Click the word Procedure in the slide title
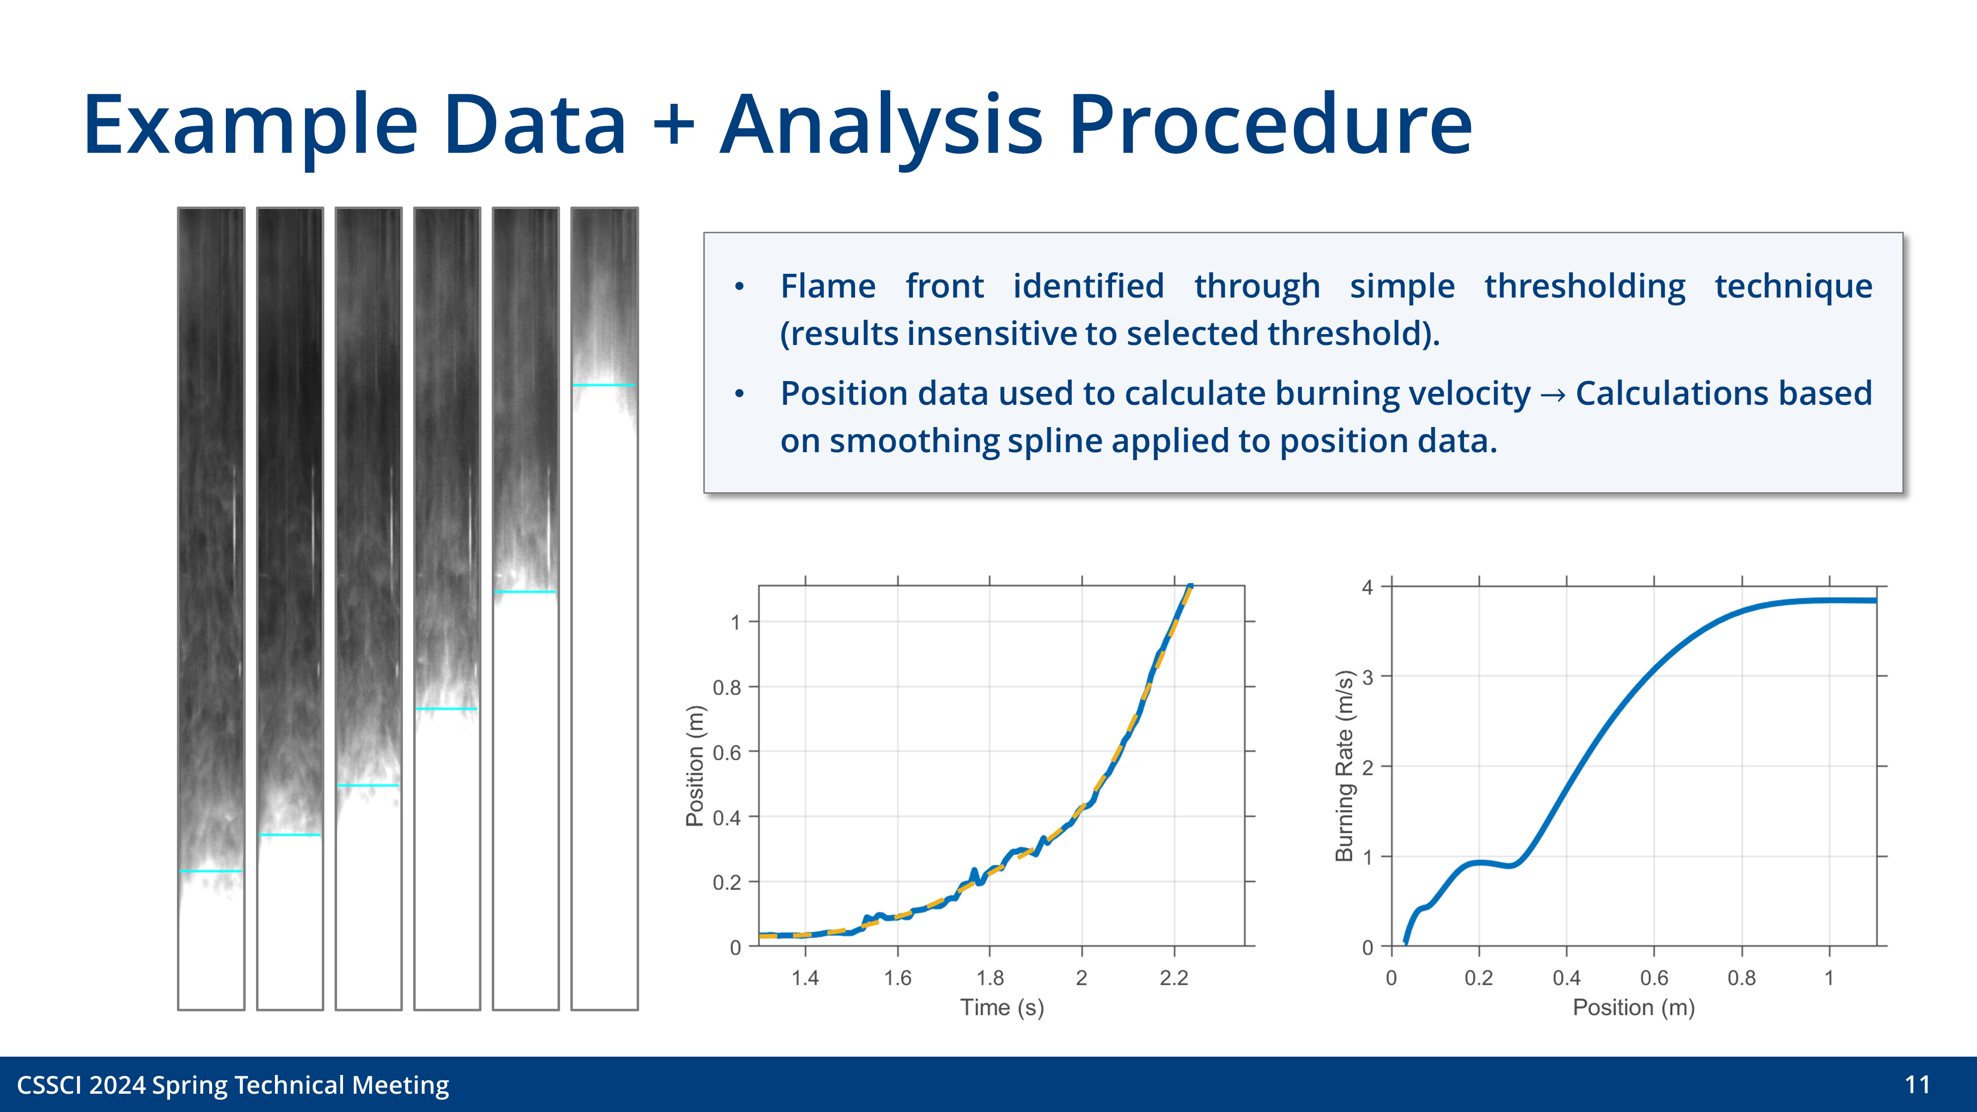1270,125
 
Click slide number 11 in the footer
1917,1084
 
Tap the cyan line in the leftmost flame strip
210,871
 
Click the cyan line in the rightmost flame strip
604,385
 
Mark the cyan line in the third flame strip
368,785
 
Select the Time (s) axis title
1001,1008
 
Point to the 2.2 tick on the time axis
1173,978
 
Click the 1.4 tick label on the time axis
805,978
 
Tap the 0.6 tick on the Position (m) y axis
726,752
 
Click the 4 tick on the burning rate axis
1368,588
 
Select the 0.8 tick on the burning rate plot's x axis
1741,978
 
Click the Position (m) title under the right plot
1633,1008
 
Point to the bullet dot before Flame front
739,287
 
